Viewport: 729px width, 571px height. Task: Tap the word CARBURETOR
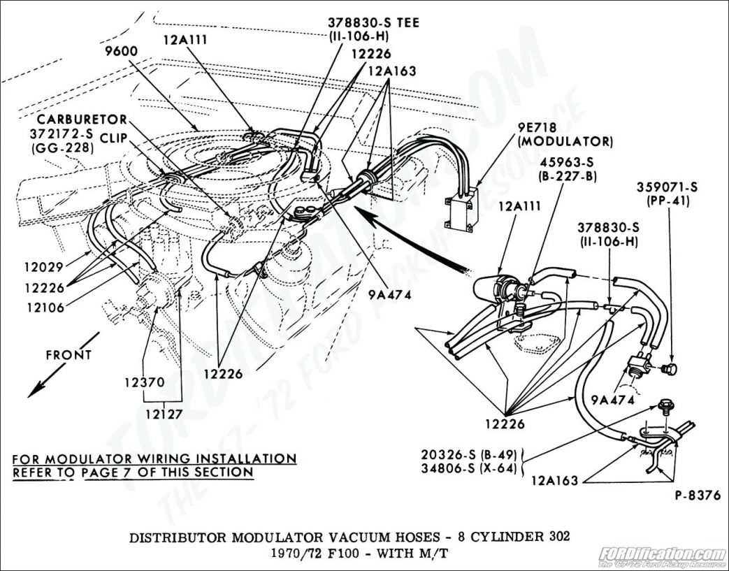[x=82, y=120]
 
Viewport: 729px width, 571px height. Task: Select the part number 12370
[x=145, y=382]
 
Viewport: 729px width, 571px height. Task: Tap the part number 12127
[x=164, y=413]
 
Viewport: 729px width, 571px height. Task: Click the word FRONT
[x=68, y=355]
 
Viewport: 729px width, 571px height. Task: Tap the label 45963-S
[x=566, y=163]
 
